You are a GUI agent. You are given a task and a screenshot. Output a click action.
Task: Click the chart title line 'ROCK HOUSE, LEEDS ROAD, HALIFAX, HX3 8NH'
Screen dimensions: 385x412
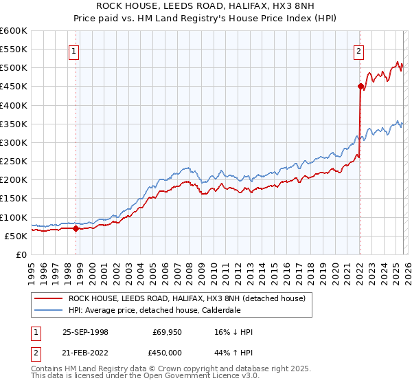pos(206,6)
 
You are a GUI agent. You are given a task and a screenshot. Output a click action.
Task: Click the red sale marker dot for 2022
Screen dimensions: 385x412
pos(360,86)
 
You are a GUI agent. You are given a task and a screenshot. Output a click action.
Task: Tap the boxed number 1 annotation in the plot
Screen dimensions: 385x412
pos(73,49)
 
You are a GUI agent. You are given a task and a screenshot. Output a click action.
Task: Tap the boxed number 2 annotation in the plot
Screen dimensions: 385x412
pos(358,49)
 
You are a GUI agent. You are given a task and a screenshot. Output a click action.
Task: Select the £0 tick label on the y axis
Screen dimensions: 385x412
pos(21,254)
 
